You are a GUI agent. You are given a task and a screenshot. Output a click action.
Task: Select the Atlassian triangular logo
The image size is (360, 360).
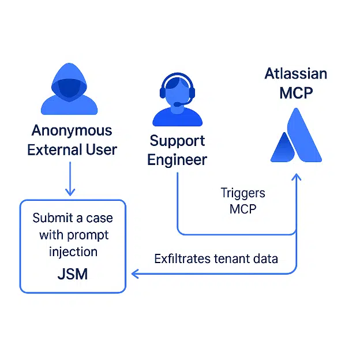coord(296,136)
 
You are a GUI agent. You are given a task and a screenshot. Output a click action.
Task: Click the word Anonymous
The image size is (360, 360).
coord(72,130)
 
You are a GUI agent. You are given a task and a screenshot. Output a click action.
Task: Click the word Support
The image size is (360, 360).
coord(177,140)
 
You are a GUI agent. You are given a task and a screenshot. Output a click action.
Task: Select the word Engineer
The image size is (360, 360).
coord(177,159)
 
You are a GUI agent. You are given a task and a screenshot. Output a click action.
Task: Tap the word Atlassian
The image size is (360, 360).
coord(296,74)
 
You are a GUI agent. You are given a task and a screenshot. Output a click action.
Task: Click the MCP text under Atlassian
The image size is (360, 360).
coord(296,92)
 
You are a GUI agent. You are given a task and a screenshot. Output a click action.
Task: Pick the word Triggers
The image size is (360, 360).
coord(242,193)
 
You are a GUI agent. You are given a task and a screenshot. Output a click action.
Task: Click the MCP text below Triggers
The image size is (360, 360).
coord(242,209)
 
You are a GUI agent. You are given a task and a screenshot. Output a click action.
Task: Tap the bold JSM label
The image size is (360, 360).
coord(73,273)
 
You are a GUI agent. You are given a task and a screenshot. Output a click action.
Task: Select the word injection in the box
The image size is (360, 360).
coord(73,252)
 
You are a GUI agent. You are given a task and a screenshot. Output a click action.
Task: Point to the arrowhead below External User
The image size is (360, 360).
coord(70,192)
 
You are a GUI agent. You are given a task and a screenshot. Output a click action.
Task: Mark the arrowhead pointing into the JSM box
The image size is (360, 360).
coord(134,273)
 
